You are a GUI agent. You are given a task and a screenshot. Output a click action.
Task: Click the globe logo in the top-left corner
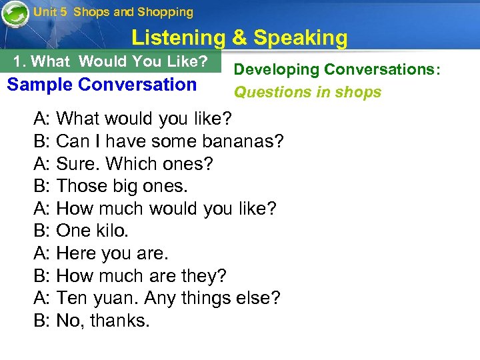click(x=15, y=15)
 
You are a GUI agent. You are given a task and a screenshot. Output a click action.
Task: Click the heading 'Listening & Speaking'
click(x=239, y=38)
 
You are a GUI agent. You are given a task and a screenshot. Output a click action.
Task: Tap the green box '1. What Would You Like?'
click(x=111, y=62)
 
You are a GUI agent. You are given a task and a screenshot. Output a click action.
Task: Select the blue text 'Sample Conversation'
click(x=101, y=85)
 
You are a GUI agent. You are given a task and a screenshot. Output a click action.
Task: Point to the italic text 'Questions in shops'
click(x=307, y=92)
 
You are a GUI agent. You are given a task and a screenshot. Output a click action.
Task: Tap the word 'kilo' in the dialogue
click(x=110, y=231)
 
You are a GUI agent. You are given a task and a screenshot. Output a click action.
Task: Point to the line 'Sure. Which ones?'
click(x=125, y=164)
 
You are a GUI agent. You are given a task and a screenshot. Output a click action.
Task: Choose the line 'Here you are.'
click(x=112, y=254)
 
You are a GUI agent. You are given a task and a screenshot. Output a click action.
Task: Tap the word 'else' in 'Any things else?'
click(x=255, y=299)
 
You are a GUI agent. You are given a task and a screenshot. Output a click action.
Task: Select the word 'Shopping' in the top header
click(x=165, y=12)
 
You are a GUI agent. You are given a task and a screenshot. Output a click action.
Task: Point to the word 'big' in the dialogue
click(x=121, y=187)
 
